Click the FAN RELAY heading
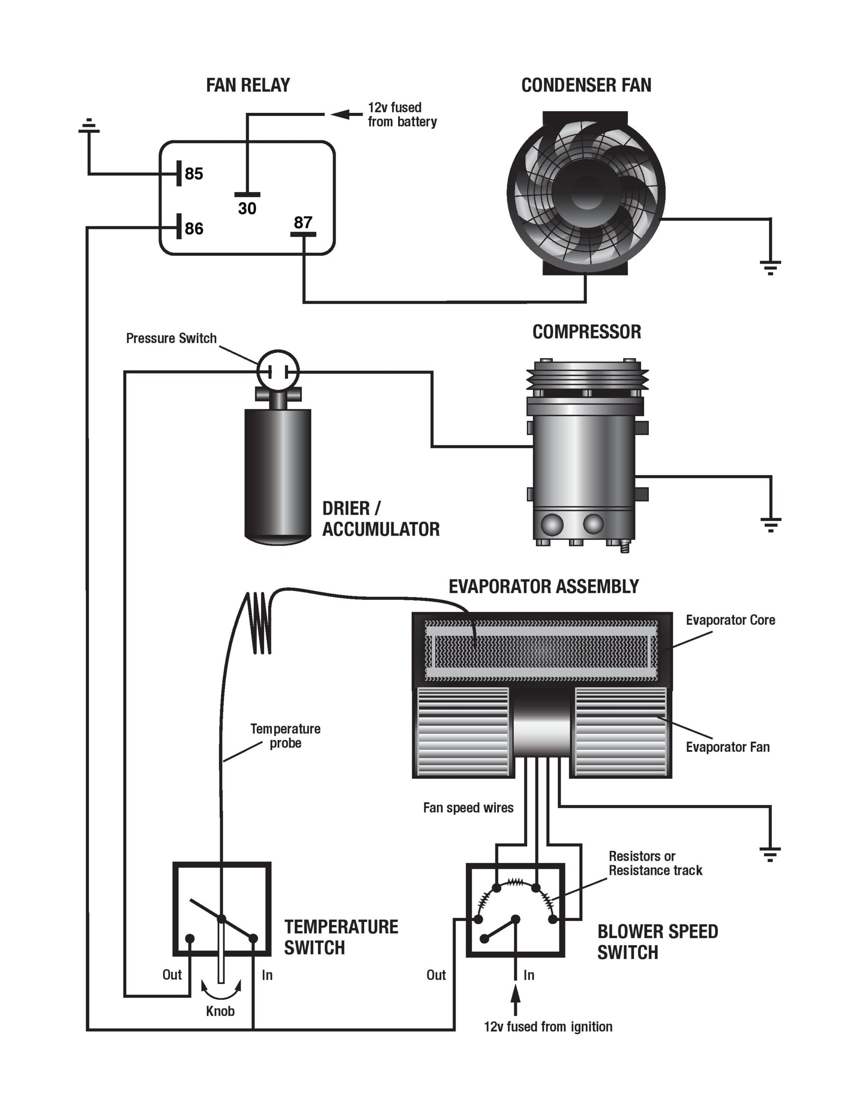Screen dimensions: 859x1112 tap(248, 85)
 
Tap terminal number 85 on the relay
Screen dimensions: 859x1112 tap(194, 174)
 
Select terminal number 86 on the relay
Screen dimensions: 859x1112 tap(194, 228)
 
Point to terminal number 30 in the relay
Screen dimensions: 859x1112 tap(247, 208)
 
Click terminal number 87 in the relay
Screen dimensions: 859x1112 tap(303, 222)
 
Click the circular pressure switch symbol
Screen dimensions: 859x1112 tap(278, 371)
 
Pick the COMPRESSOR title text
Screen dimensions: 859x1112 tap(587, 332)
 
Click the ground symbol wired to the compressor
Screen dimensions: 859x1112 tap(770, 524)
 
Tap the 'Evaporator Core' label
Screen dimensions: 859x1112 tap(730, 620)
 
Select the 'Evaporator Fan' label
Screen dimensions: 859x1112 tap(727, 747)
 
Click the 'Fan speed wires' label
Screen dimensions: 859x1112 tap(468, 808)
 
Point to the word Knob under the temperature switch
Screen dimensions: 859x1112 tap(220, 1011)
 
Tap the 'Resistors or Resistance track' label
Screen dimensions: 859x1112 tap(655, 863)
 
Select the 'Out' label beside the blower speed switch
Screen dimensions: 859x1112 tap(436, 975)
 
